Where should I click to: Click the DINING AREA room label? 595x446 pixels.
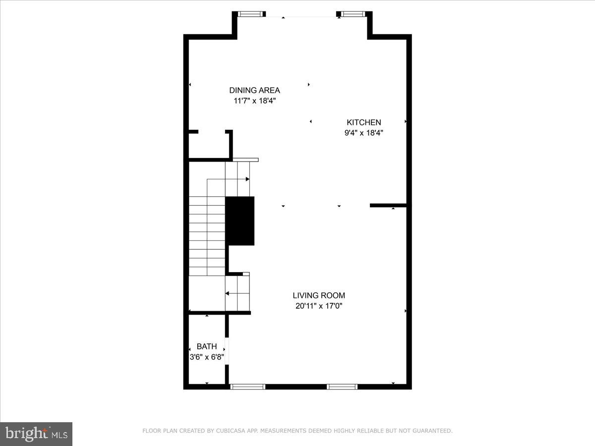coord(254,90)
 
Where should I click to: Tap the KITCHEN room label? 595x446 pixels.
coord(364,122)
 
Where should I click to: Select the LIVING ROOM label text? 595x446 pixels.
coord(319,295)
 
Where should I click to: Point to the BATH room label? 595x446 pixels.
coord(207,346)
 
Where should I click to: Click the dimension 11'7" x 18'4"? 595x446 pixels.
coord(254,101)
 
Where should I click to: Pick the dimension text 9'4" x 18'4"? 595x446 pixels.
coord(364,133)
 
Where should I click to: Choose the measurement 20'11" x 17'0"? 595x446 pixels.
coord(319,306)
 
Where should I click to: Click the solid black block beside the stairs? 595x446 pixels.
coord(240,221)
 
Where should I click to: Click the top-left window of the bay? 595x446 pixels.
coord(251,14)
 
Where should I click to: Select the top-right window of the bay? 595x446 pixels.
coord(354,14)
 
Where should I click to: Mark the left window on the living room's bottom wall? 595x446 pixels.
coord(247,387)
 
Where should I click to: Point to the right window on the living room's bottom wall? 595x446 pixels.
coord(342,387)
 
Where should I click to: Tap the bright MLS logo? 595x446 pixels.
coord(36,434)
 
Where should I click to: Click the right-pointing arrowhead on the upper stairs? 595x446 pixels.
coord(247,179)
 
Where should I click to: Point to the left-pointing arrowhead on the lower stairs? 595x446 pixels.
coord(227,293)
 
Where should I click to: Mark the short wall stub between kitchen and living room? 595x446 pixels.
coord(388,205)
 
